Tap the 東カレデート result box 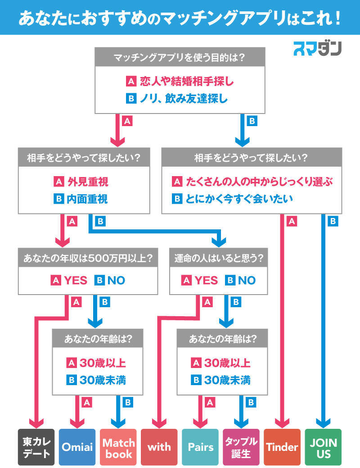[x=36, y=447]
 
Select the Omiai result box [x=77, y=447]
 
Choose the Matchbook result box [x=118, y=447]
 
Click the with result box [x=159, y=447]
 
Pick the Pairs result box [x=200, y=447]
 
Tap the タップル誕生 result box [x=241, y=447]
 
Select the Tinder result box [x=282, y=447]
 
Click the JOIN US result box [x=323, y=447]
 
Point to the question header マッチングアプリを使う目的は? [x=179, y=58]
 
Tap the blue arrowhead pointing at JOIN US [x=323, y=422]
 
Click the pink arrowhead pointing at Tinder [x=282, y=422]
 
